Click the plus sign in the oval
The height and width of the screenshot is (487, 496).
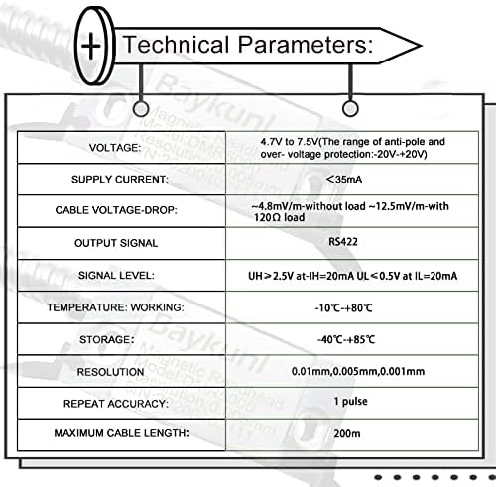91,46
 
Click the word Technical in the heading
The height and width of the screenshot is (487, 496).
177,45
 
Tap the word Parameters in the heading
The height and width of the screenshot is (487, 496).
306,45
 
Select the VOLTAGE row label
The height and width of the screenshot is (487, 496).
115,148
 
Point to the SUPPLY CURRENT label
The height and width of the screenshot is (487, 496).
120,180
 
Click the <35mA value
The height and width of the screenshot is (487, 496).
344,180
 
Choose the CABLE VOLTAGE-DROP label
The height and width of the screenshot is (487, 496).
116,210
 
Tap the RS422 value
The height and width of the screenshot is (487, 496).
343,242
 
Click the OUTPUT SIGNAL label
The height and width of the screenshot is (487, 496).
116,243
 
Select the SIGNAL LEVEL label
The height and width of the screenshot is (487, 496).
116,275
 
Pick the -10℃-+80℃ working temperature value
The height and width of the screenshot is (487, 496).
343,308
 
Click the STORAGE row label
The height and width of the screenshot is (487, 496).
107,339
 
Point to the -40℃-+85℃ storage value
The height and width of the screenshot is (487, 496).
346,339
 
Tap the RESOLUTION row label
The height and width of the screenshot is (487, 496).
110,372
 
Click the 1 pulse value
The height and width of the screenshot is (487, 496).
350,402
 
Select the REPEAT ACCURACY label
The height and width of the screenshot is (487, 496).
116,404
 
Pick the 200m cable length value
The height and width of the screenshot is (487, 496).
347,433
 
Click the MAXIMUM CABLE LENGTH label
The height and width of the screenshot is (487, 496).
122,433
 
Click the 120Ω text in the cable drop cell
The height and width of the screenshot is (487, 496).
267,217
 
